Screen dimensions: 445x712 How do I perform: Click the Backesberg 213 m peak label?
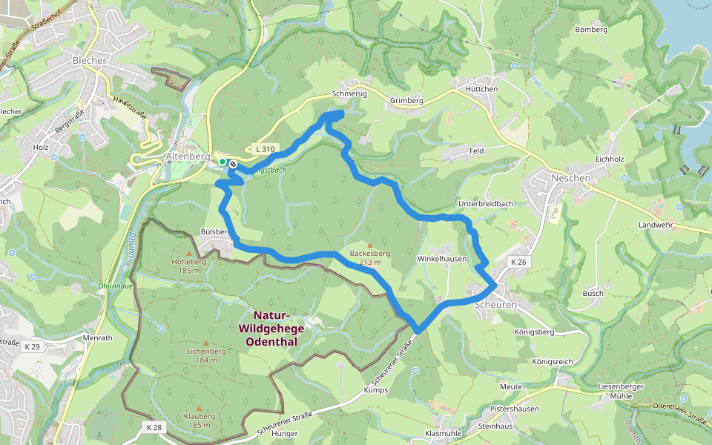coord(369,257)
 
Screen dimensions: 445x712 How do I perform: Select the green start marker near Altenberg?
coord(222,161)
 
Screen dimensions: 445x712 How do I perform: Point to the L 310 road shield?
coord(263,149)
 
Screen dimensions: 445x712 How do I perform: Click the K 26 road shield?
coord(518,263)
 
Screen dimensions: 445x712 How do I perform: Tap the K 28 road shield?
coord(154,427)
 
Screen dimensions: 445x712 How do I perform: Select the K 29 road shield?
coord(31,346)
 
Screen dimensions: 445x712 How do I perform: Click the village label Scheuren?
coord(494,305)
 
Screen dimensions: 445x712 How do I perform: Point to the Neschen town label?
coord(571,178)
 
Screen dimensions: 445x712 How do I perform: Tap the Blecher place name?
coord(90,60)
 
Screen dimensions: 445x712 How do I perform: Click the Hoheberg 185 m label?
coord(188,266)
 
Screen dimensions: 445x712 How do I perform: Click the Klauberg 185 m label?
coord(200,420)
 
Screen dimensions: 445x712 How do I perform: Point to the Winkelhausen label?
coord(442,259)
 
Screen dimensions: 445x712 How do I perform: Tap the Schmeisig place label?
coord(349,94)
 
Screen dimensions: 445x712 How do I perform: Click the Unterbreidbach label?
coord(486,203)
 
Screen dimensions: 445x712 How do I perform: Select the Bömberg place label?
coord(591,30)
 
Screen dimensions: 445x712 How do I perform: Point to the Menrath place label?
coord(97,337)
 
